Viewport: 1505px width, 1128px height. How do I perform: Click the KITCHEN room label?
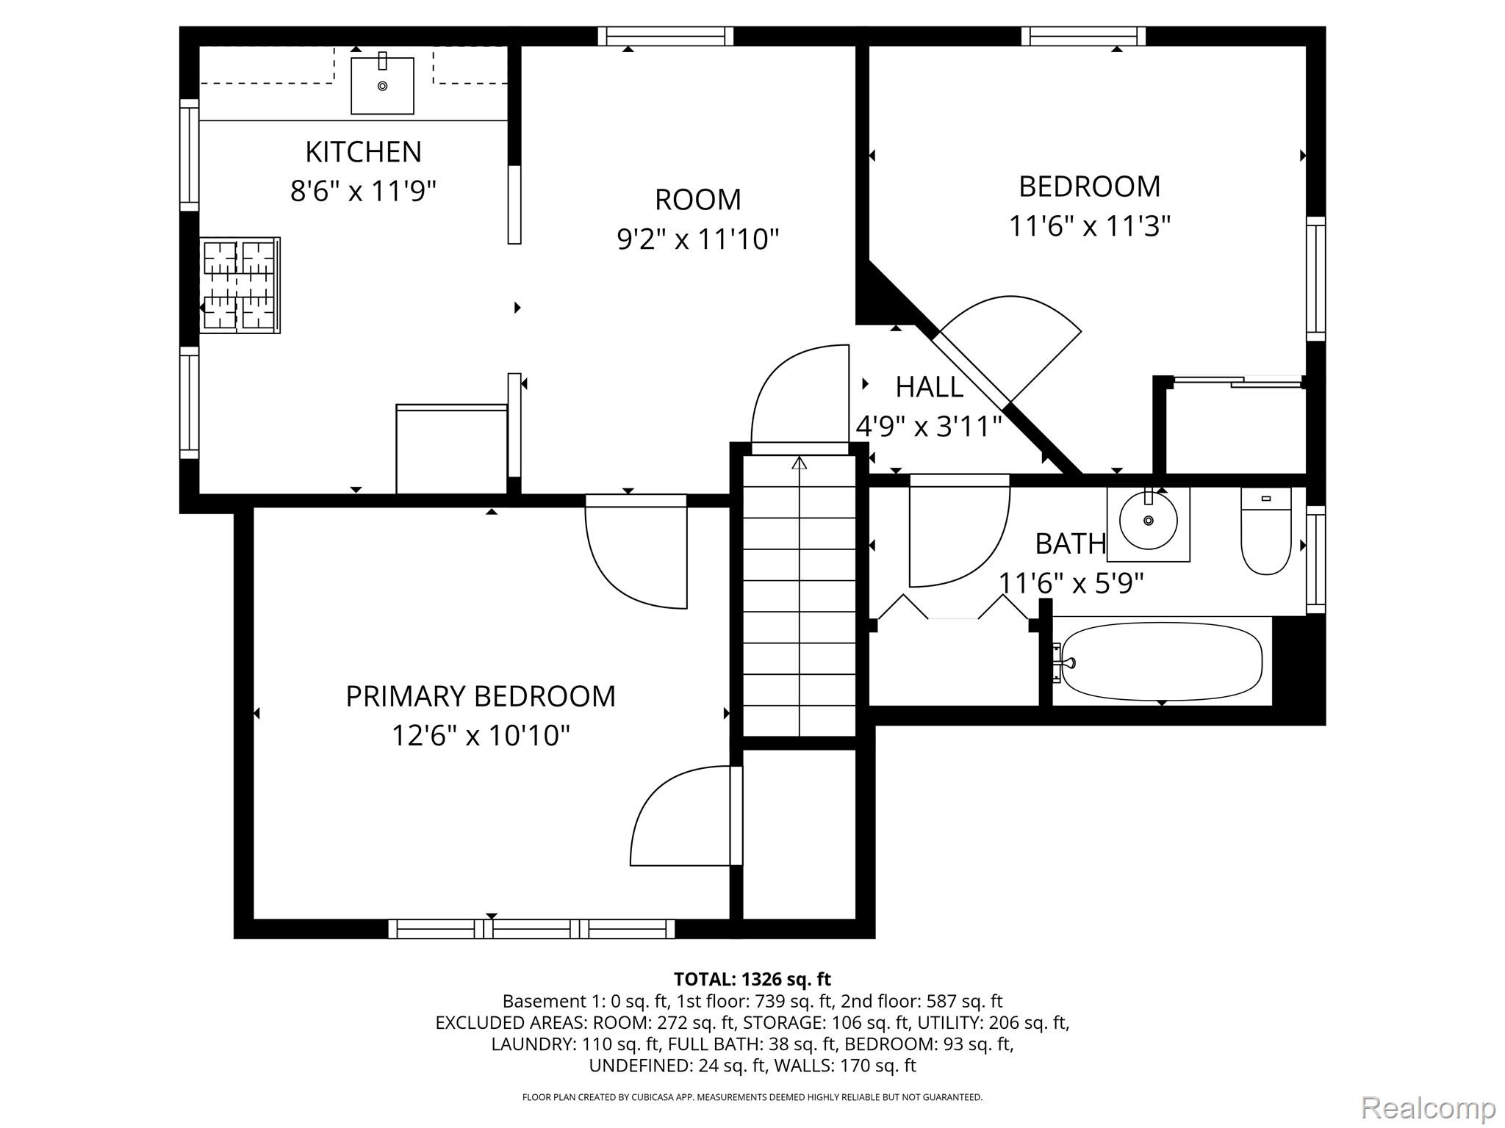click(x=363, y=152)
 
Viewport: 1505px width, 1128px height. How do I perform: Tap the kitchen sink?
click(x=382, y=85)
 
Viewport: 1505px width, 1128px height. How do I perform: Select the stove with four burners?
click(x=240, y=285)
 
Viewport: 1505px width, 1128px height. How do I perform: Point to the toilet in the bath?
click(x=1266, y=531)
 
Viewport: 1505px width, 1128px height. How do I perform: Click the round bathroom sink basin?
click(x=1148, y=521)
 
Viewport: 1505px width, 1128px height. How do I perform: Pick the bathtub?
click(x=1162, y=662)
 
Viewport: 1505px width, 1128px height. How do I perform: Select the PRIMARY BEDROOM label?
click(x=481, y=696)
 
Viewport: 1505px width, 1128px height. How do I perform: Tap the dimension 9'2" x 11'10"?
click(x=697, y=239)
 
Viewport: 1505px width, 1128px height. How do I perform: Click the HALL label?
click(x=929, y=387)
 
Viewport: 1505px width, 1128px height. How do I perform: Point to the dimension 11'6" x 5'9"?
click(x=1071, y=584)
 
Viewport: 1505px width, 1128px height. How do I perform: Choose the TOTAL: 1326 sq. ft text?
click(x=752, y=979)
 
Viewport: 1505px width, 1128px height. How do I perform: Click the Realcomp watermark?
click(x=1429, y=1107)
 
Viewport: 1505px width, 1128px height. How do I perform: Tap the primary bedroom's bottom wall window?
click(x=531, y=929)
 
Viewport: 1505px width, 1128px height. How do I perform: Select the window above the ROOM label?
click(x=666, y=36)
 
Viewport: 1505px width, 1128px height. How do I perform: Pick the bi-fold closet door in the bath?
click(x=953, y=608)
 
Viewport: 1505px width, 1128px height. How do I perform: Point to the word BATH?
click(x=1071, y=544)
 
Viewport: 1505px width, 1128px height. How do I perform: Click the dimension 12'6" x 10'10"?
click(x=481, y=735)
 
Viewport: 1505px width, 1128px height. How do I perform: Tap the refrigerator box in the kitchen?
click(x=451, y=449)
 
